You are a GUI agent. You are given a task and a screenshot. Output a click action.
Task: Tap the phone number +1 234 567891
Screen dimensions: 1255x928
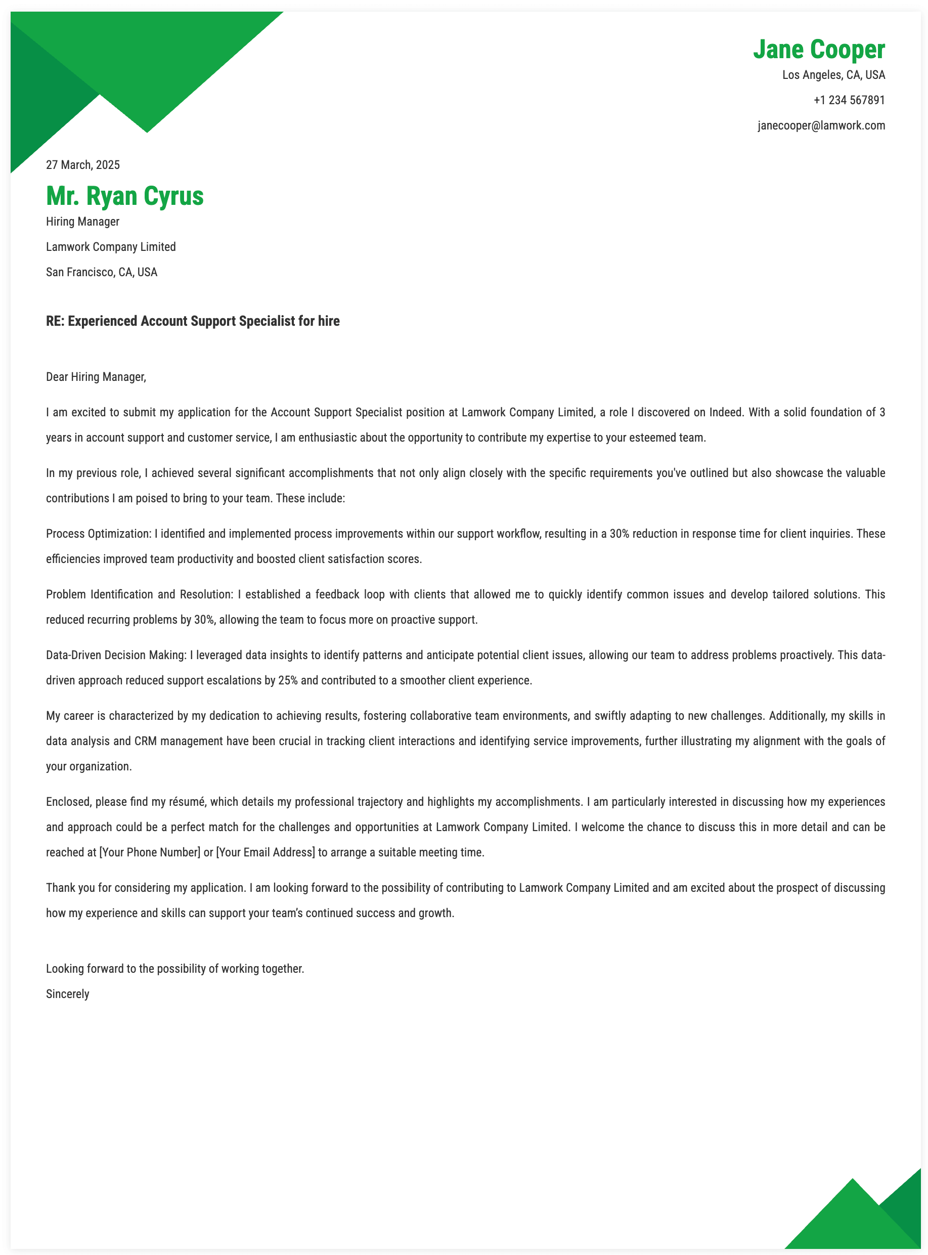(849, 101)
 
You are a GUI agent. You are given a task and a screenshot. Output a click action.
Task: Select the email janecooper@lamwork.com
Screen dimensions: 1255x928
(821, 126)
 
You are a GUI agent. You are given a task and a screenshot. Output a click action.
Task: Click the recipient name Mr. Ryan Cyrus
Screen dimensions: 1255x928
(125, 196)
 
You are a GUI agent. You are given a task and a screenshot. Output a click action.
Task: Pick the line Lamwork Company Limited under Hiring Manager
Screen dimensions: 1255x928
(111, 247)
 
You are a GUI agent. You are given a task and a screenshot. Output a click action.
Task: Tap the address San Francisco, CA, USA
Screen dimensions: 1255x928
(102, 273)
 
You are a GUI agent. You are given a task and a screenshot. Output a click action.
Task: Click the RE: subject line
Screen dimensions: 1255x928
(193, 321)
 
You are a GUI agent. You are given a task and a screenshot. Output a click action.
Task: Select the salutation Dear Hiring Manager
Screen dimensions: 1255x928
(96, 377)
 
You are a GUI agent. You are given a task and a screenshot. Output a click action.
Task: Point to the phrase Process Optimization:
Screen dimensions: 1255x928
(98, 534)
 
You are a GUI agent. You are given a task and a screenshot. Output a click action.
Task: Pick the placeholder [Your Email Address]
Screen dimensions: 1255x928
(265, 852)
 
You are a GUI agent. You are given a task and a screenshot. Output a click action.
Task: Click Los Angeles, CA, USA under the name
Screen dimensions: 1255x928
(833, 75)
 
